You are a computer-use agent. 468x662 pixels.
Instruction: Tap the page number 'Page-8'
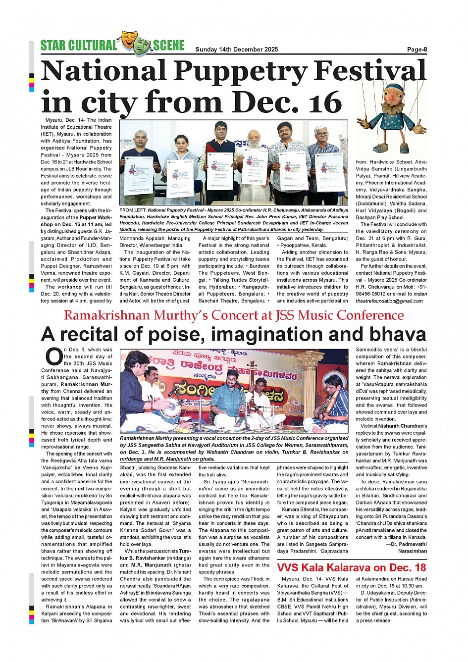click(417, 49)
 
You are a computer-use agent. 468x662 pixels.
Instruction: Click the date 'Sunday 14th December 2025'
click(236, 49)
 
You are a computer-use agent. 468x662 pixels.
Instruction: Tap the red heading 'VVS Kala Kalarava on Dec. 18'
click(352, 567)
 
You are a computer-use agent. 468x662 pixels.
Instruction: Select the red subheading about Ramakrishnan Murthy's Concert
click(234, 315)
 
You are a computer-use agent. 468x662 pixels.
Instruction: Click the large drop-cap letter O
click(53, 356)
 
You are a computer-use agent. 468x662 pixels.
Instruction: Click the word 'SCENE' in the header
click(168, 46)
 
